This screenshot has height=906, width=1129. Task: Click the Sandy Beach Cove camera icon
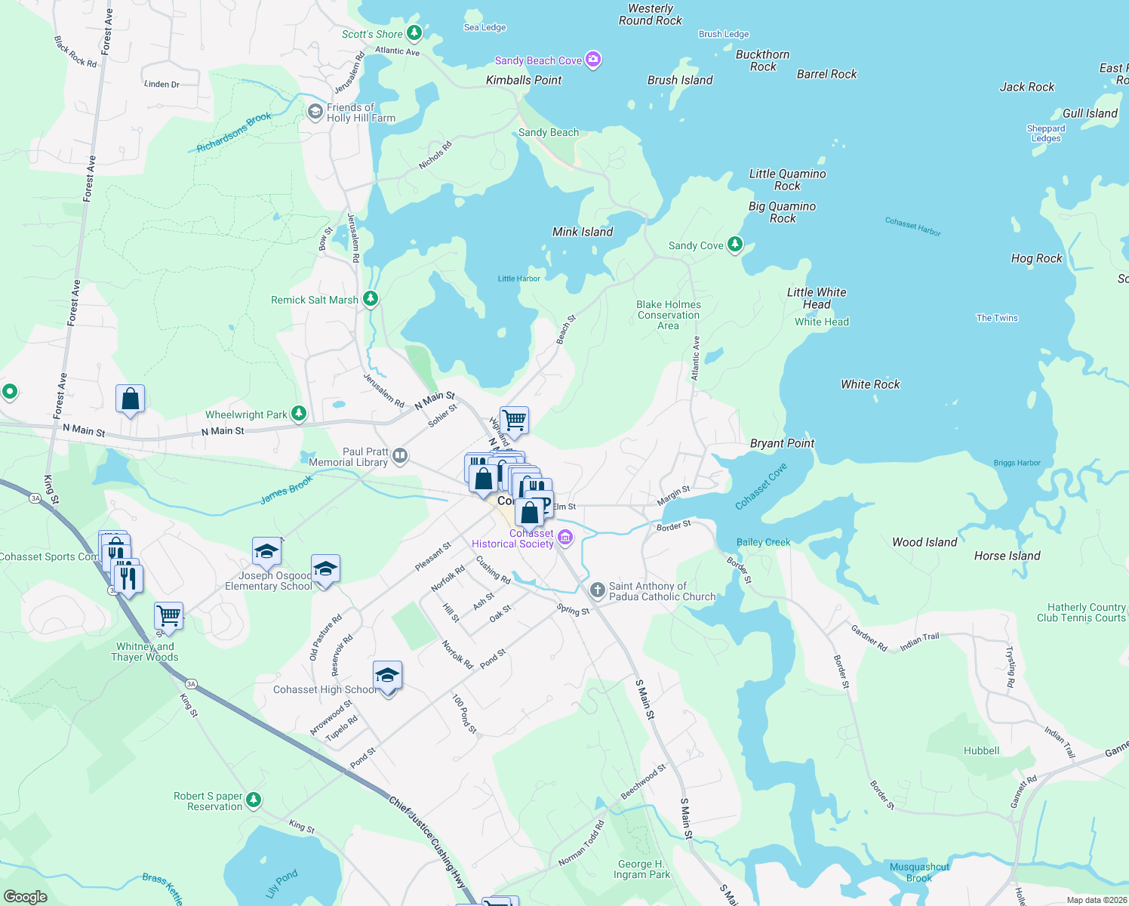(x=593, y=60)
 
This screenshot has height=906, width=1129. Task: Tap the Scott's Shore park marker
(x=414, y=33)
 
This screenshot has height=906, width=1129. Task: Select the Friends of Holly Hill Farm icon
(x=315, y=112)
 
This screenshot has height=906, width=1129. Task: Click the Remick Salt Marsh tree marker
(x=370, y=299)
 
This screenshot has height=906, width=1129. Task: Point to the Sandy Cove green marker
(x=734, y=245)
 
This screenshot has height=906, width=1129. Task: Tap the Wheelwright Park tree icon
(x=299, y=414)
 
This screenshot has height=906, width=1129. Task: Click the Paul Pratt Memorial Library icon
(x=400, y=455)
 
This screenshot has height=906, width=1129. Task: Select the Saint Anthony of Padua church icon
(x=597, y=590)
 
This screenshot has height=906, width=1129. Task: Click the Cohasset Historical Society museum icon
(x=565, y=538)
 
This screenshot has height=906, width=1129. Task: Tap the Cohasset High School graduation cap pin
(x=387, y=676)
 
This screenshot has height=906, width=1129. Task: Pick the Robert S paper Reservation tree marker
(x=254, y=800)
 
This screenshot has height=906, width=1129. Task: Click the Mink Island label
(x=583, y=232)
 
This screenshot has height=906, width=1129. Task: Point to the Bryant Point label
(x=782, y=443)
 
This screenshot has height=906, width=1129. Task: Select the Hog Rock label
(x=1036, y=258)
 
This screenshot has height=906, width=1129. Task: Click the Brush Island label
(x=680, y=80)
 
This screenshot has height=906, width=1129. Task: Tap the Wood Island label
(x=924, y=542)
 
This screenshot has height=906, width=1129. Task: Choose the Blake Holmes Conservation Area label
(x=669, y=315)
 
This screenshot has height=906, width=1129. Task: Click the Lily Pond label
(x=281, y=883)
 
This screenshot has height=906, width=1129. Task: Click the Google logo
(x=26, y=896)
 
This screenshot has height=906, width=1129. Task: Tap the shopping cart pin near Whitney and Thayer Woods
(x=169, y=615)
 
